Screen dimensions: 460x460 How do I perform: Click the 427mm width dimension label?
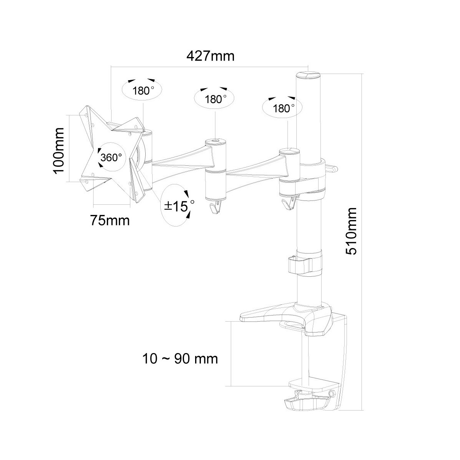coord(210,57)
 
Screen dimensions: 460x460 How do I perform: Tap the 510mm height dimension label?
coord(351,231)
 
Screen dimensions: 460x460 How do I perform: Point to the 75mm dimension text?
coord(110,220)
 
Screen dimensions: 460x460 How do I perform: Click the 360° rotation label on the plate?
coord(111,157)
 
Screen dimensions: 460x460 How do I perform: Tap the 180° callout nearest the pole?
coord(283,107)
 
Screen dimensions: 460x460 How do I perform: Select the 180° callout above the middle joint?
coord(214,99)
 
